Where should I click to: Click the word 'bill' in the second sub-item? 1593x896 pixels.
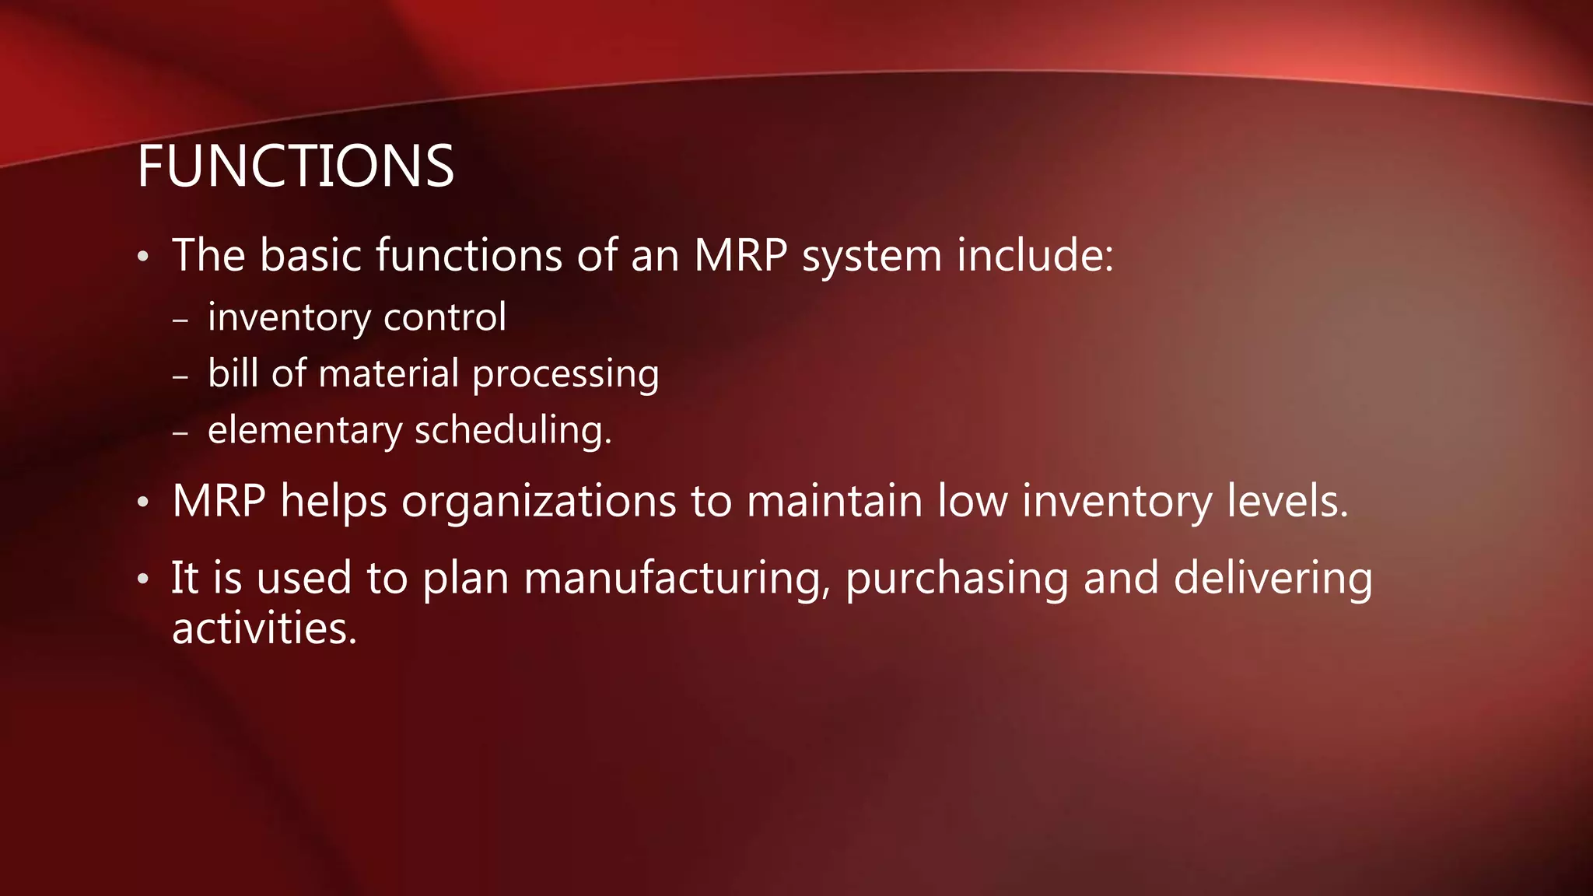[x=233, y=373]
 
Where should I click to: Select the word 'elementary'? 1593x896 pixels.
[x=305, y=430]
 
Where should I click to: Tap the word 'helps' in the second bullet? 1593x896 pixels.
[x=334, y=501]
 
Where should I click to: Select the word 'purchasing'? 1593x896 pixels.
[x=957, y=579]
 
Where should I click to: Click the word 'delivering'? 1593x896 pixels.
[x=1273, y=579]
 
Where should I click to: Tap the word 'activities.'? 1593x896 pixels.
[x=264, y=628]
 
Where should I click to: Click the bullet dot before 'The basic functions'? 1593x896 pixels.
[x=142, y=257]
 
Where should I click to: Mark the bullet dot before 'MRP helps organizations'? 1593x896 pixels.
[x=142, y=503]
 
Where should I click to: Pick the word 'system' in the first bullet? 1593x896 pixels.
[x=872, y=257]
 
